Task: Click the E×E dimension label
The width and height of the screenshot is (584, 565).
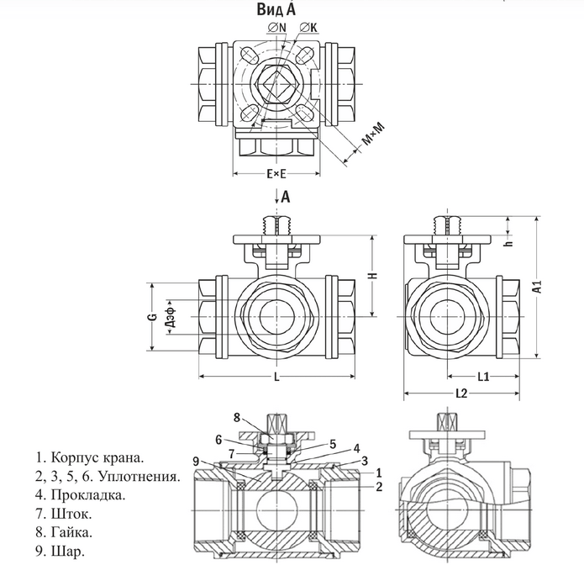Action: coord(276,175)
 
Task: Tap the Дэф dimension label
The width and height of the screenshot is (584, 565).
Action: coord(171,317)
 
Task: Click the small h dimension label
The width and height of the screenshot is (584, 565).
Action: coord(508,224)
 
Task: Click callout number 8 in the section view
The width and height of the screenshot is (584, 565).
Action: coord(238,417)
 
